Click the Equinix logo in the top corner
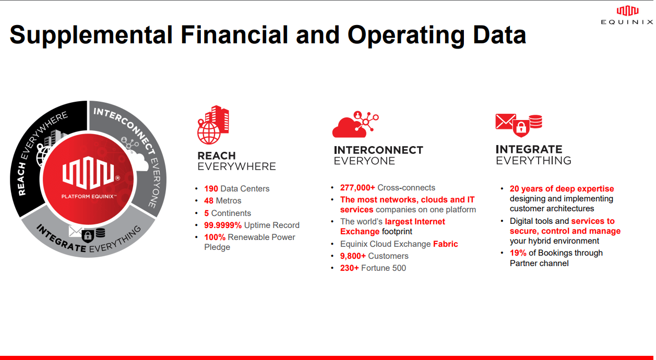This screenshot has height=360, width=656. [627, 15]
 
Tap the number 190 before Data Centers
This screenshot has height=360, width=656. [211, 189]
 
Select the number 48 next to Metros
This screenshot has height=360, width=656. [209, 201]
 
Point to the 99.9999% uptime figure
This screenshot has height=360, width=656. [223, 225]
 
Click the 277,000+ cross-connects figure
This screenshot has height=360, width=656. [357, 188]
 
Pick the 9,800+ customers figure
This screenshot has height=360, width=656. [353, 256]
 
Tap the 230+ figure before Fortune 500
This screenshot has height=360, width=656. [349, 268]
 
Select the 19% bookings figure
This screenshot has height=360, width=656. [518, 253]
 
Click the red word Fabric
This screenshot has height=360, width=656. [446, 244]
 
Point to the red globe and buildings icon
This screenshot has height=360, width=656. [213, 125]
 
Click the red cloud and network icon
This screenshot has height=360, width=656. [355, 124]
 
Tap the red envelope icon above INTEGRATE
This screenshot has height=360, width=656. [506, 121]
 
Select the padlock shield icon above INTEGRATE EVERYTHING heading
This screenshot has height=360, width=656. [521, 127]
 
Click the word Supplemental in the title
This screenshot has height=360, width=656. [91, 35]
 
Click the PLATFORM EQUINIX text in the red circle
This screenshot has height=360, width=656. [89, 196]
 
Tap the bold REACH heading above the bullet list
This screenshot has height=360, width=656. [217, 155]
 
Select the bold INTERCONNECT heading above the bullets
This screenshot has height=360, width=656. [378, 150]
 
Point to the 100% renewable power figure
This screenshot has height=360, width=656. [214, 237]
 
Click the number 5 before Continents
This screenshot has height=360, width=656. [207, 213]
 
